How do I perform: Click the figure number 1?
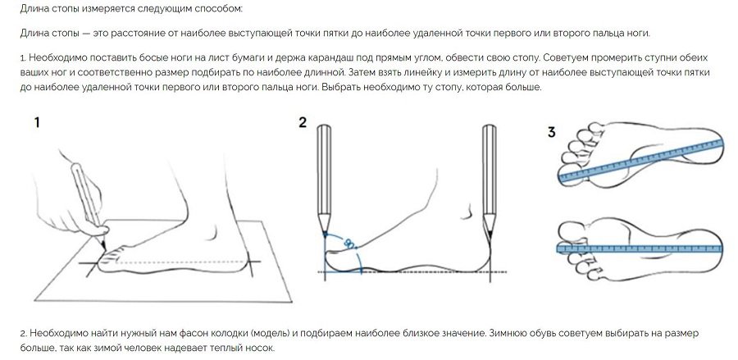click(x=37, y=123)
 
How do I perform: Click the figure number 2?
click(x=303, y=123)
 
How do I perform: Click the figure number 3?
click(x=551, y=133)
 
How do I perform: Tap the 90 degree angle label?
click(x=348, y=244)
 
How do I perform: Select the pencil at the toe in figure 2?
click(x=324, y=179)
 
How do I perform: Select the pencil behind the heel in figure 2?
click(x=490, y=179)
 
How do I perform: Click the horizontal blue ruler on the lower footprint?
click(x=640, y=248)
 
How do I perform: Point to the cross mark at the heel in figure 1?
click(x=250, y=262)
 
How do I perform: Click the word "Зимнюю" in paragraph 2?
click(x=508, y=333)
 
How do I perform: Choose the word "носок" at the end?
click(x=260, y=349)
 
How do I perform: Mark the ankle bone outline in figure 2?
click(x=467, y=212)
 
